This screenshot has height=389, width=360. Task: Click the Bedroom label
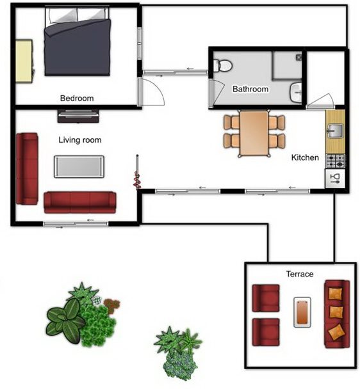pyautogui.click(x=77, y=99)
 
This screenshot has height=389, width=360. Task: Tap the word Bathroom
pyautogui.click(x=250, y=89)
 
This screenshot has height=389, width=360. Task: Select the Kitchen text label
pyautogui.click(x=305, y=157)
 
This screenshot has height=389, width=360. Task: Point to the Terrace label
pyautogui.click(x=300, y=274)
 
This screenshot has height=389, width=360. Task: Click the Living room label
pyautogui.click(x=80, y=140)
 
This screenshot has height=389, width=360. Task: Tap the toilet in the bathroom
pyautogui.click(x=223, y=66)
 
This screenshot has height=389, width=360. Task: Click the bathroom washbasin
pyautogui.click(x=296, y=93)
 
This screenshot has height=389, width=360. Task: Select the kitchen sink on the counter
pyautogui.click(x=335, y=131)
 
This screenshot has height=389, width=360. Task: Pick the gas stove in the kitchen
pyautogui.click(x=336, y=161)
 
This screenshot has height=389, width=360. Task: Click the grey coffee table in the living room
pyautogui.click(x=79, y=167)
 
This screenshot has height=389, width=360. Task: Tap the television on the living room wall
pyautogui.click(x=78, y=116)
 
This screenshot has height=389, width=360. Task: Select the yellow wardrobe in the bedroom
pyautogui.click(x=24, y=61)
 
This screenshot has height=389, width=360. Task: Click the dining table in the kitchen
pyautogui.click(x=254, y=133)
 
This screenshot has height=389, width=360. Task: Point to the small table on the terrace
pyautogui.click(x=302, y=312)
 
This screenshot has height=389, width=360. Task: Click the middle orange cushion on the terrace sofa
pyautogui.click(x=336, y=312)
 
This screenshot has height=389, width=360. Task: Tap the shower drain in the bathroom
pyautogui.click(x=299, y=58)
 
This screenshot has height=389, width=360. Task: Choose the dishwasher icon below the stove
pyautogui.click(x=335, y=179)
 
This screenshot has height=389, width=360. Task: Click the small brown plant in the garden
pyautogui.click(x=111, y=305)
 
